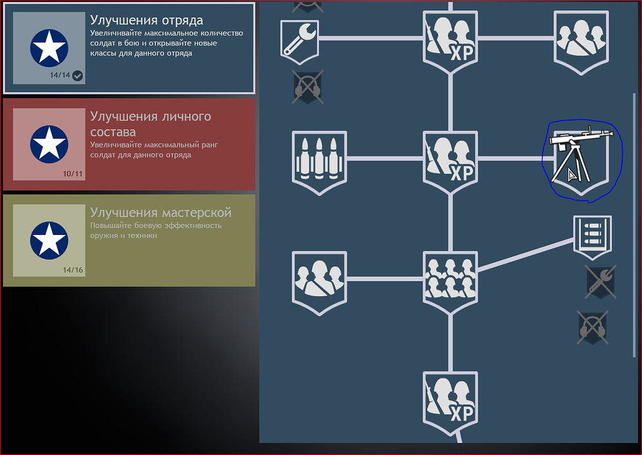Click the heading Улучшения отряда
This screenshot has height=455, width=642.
pos(146,20)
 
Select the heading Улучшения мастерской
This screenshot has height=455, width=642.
pos(161,212)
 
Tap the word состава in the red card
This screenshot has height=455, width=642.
pos(113,132)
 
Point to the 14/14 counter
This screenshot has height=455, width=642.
pos(60,75)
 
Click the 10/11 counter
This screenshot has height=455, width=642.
pos(73,174)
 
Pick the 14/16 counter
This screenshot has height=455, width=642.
pos(73,270)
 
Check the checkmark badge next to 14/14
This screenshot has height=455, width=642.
pos(78,76)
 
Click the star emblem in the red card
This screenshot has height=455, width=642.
pos(49,144)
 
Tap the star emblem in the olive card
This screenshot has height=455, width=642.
pos(49,241)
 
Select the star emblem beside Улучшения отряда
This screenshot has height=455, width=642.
pos(49,48)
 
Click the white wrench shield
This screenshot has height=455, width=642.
pos(300,42)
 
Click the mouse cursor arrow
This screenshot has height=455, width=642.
pos(571,175)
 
